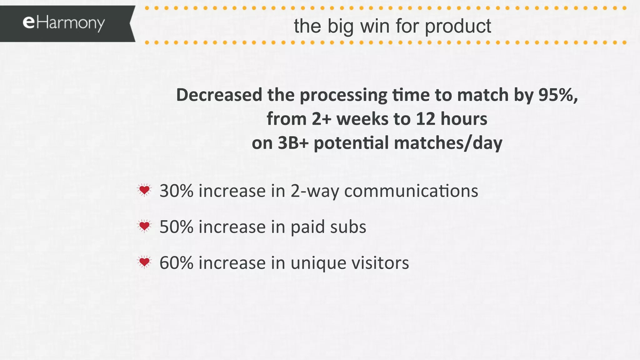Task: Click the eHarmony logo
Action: (x=64, y=23)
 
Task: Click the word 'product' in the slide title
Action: (x=458, y=26)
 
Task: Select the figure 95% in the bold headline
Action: (x=558, y=95)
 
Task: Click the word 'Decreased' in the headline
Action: (x=219, y=95)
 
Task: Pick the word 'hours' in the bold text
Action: (x=464, y=119)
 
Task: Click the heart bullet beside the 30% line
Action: (x=144, y=190)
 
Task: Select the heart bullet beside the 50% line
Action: (x=144, y=226)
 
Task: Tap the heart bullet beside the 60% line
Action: (x=144, y=262)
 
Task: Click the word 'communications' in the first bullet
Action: (x=411, y=191)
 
